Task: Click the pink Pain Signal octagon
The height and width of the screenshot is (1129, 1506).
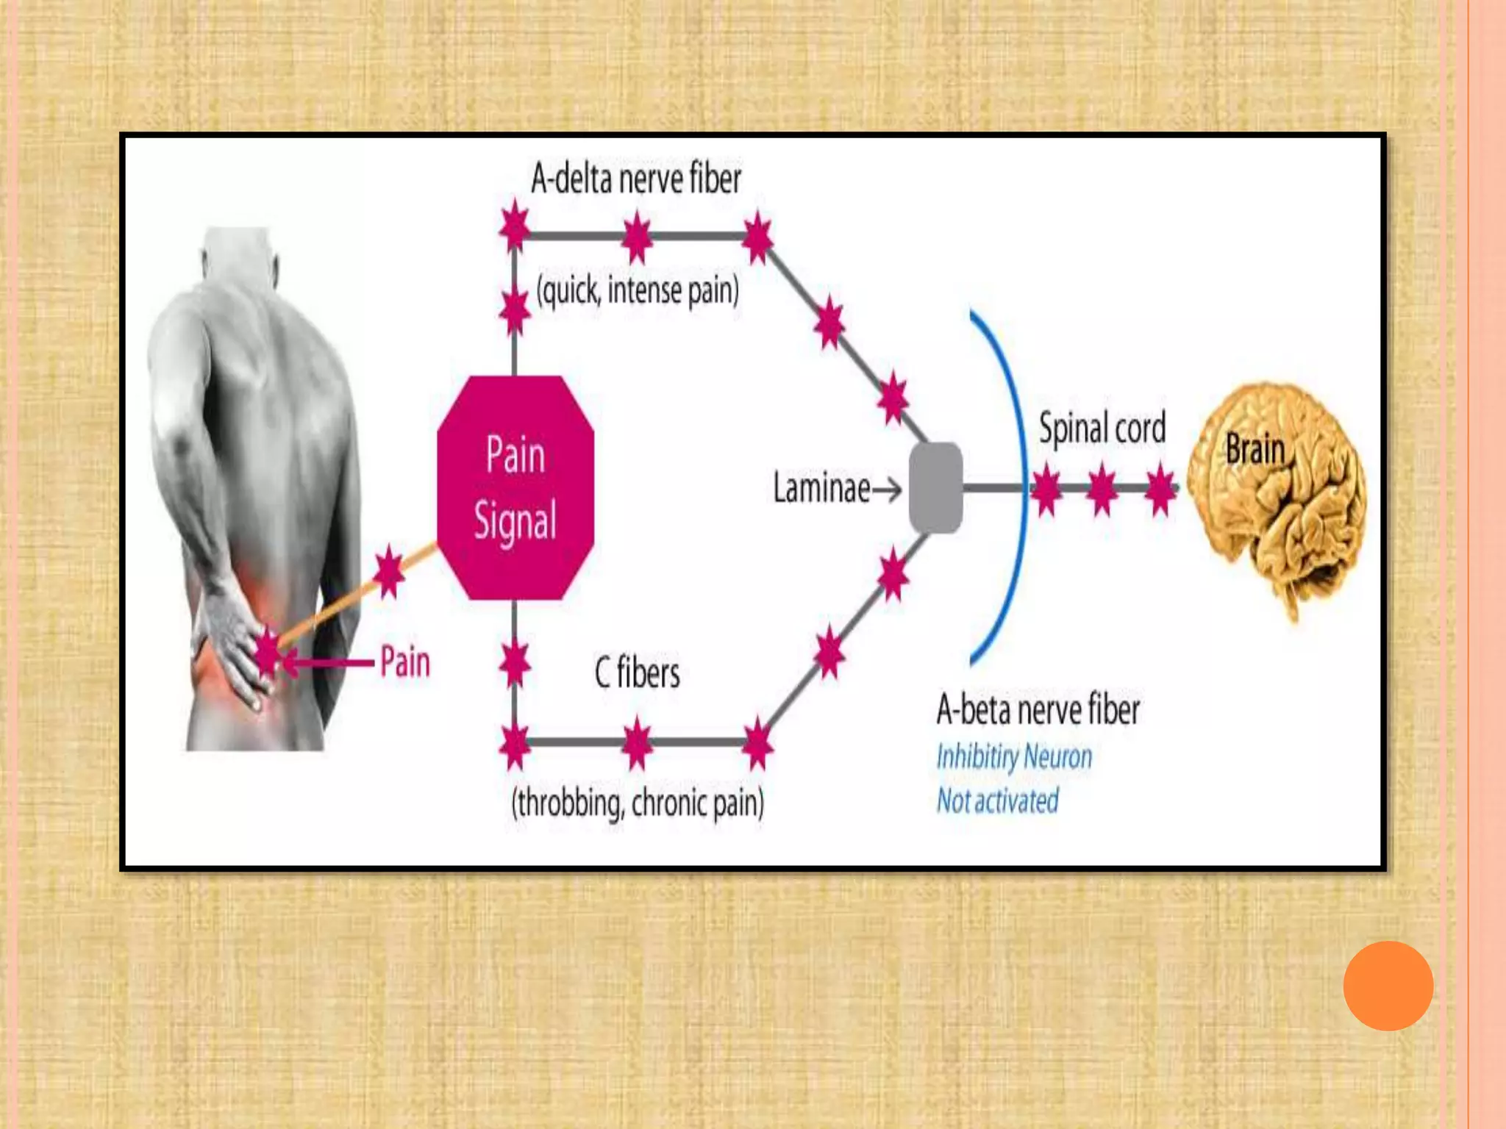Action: [515, 488]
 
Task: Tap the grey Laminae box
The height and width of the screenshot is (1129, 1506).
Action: [935, 488]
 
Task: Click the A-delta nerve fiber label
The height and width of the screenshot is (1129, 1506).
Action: [635, 179]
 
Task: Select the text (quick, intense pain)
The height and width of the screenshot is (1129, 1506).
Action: [638, 291]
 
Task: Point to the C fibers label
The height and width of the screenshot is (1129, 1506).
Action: [637, 672]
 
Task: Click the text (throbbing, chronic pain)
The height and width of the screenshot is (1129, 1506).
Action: [638, 803]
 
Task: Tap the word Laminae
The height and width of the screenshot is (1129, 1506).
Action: [821, 488]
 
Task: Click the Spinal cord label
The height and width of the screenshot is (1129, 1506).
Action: [1102, 428]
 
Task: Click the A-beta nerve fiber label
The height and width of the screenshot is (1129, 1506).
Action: [1038, 710]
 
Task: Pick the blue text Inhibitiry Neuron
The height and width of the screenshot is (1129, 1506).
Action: [1014, 756]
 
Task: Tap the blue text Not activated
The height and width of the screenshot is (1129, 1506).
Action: [997, 800]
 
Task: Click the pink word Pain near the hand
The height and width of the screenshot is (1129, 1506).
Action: [404, 662]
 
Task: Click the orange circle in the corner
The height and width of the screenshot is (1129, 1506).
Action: [1388, 986]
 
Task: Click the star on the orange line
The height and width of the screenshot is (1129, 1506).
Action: [389, 572]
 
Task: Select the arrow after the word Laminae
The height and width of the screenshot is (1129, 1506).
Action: [887, 490]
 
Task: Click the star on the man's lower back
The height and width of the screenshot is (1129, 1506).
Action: [268, 653]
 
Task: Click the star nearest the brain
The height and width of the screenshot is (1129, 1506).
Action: [1160, 489]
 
